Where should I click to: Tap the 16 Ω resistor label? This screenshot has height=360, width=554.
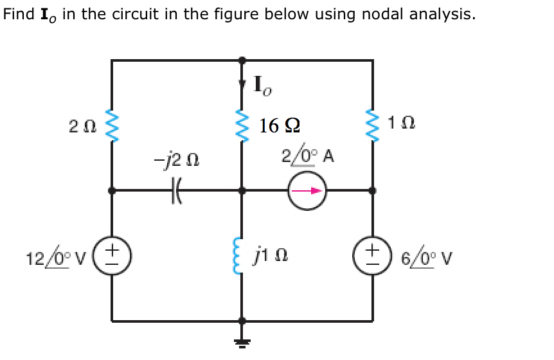point(278,125)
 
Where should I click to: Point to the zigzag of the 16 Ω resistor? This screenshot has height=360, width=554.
point(242,123)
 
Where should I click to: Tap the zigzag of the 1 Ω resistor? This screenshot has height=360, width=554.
point(372,123)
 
